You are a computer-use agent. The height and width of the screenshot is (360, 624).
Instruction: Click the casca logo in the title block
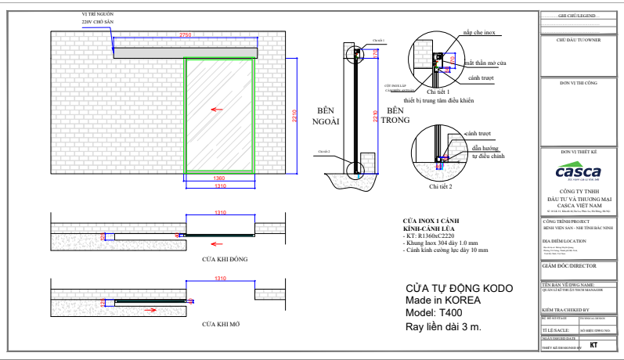click(578, 172)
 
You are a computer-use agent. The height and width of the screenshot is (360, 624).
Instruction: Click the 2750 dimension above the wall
click(185, 36)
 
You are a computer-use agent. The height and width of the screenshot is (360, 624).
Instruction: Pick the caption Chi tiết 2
click(441, 187)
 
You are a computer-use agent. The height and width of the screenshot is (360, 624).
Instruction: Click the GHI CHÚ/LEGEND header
click(578, 16)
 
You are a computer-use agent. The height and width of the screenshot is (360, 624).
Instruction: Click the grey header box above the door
click(185, 52)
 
